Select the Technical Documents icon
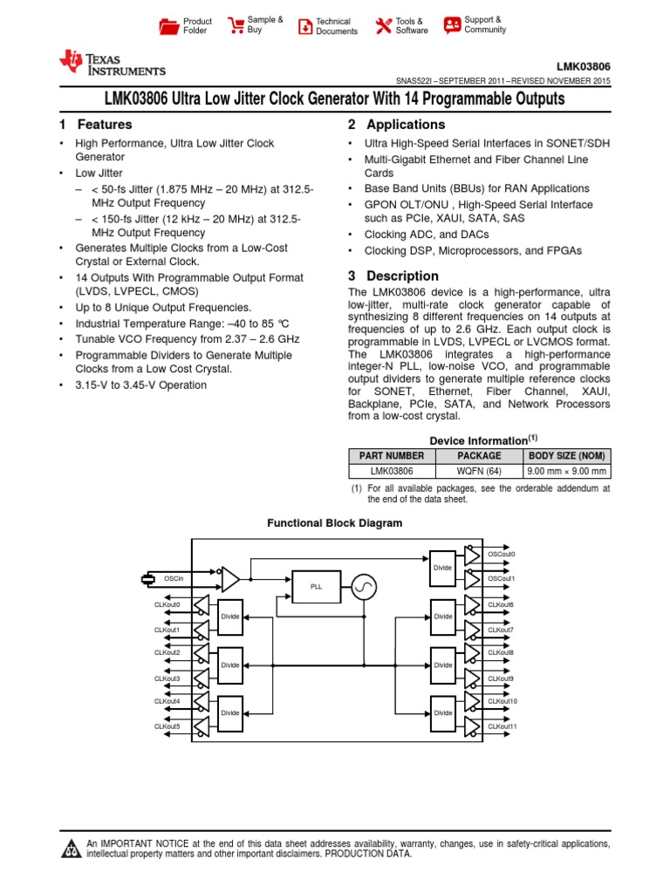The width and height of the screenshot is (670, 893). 305,26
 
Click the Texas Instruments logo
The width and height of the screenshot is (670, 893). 112,63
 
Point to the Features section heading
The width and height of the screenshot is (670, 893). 96,125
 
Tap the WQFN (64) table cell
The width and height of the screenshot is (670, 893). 479,471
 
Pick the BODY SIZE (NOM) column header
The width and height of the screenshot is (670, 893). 566,455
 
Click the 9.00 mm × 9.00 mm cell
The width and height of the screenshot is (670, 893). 566,471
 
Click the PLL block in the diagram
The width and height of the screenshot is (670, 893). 316,587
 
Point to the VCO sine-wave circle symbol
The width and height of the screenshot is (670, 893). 363,587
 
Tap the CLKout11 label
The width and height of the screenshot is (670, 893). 502,726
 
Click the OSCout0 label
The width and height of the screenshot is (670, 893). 502,554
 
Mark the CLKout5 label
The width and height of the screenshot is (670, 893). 167,726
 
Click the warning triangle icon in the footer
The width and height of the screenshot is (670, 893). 70,849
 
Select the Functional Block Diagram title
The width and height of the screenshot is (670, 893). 335,523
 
